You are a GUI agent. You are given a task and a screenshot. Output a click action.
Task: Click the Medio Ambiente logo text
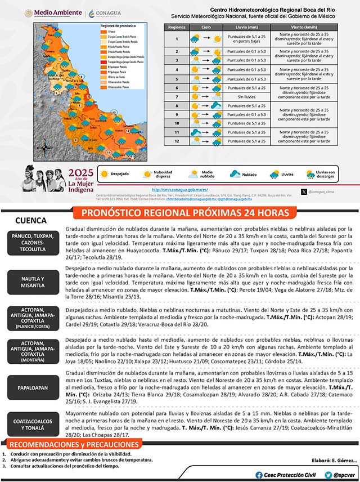pos(57,12)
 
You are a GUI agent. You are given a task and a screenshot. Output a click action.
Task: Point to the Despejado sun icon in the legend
pos(105,174)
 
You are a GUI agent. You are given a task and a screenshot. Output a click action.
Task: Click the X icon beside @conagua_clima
pos(304,191)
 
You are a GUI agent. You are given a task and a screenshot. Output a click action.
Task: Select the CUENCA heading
pos(30,221)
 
